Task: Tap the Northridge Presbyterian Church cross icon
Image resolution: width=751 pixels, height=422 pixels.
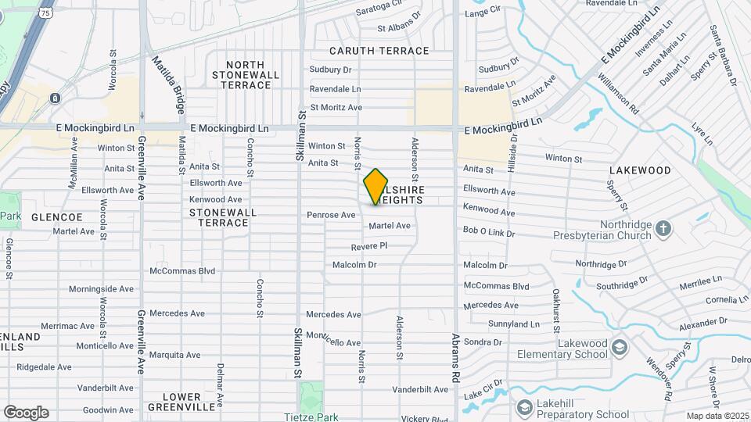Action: pos(663,228)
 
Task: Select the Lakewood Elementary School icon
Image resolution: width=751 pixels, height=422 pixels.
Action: pos(620,347)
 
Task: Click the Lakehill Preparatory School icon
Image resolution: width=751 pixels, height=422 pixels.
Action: pos(523,407)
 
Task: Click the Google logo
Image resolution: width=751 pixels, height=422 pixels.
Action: pos(26,412)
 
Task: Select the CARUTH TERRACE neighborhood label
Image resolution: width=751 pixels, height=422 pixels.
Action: pos(379,51)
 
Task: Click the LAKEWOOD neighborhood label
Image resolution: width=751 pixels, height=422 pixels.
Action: pos(640,170)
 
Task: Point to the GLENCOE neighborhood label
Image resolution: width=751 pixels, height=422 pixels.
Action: pos(57,216)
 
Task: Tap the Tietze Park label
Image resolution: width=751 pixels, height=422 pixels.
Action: pos(311,417)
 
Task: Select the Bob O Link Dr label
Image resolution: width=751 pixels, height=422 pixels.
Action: pos(489,232)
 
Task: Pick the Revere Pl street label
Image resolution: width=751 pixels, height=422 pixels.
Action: pos(369,245)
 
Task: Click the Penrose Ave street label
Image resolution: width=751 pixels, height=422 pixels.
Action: pos(331,214)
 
